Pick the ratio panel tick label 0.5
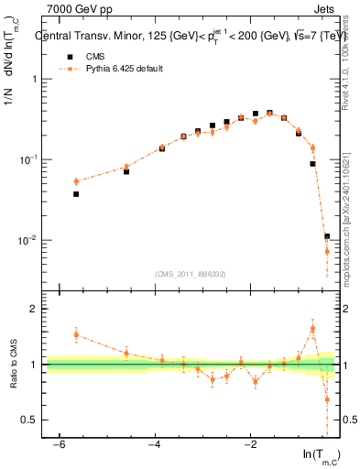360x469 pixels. (32, 420)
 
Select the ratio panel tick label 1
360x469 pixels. (36, 365)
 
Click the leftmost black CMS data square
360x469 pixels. (76, 194)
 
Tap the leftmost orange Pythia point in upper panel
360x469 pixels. (76, 181)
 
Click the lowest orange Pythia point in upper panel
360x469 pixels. (326, 251)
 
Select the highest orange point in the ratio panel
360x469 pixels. (312, 329)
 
